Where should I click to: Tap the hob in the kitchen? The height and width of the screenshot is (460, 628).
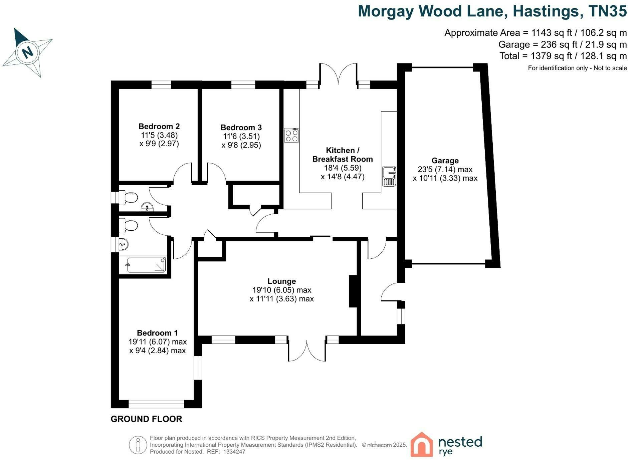click(x=291, y=136)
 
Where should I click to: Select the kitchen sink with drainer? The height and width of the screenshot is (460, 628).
click(x=389, y=176)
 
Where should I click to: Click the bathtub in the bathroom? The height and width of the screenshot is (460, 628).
click(x=147, y=265)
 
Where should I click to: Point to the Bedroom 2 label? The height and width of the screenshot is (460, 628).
click(x=159, y=126)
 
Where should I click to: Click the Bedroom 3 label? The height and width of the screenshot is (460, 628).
click(x=241, y=127)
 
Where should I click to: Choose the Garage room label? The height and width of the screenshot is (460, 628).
click(x=445, y=161)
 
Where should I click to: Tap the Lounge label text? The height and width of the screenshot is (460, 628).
click(x=282, y=281)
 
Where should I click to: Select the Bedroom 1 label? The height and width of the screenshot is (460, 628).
click(x=157, y=333)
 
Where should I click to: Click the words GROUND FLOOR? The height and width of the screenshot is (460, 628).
click(x=147, y=419)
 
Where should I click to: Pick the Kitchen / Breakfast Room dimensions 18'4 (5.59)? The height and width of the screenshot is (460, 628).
click(x=343, y=168)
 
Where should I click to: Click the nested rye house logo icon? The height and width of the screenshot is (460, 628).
click(x=421, y=444)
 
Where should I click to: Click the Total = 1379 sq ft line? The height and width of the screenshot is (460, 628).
click(x=563, y=56)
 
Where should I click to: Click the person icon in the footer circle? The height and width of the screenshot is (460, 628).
click(x=138, y=445)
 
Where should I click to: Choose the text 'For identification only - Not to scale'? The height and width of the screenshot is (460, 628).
click(x=577, y=68)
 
